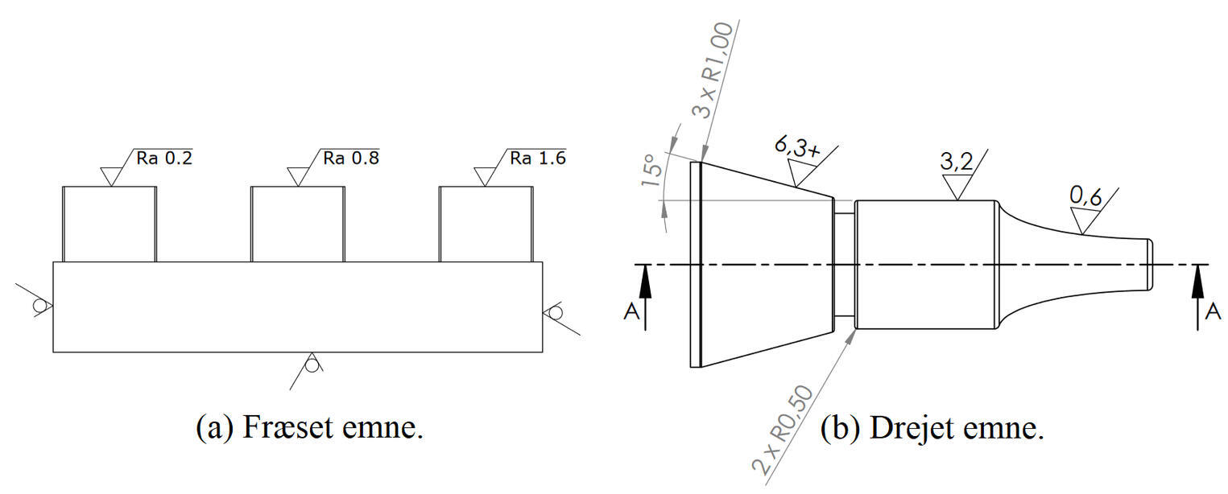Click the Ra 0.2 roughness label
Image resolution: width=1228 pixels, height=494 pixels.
(163, 158)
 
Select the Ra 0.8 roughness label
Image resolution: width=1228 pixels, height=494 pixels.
(350, 158)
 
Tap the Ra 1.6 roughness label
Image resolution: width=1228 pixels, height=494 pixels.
(537, 158)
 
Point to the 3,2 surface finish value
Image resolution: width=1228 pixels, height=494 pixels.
(956, 162)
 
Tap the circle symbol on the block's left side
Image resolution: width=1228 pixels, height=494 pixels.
(39, 306)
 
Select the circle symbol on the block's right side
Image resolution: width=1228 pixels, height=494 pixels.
(555, 311)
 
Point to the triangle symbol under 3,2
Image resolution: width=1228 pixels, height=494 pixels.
(956, 188)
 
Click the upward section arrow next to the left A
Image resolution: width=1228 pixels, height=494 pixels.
(644, 294)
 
